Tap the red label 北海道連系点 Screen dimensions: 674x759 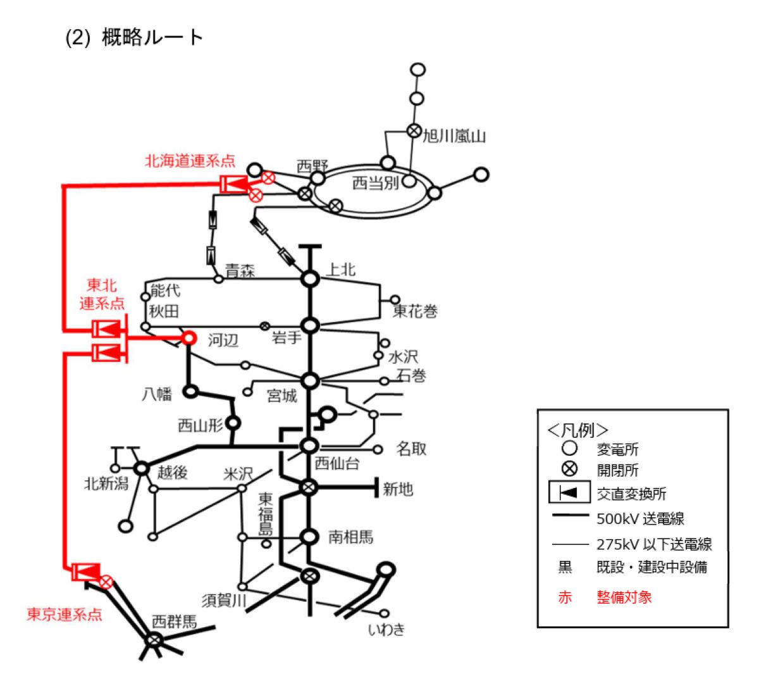click(x=190, y=161)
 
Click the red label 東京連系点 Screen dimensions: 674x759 click(x=64, y=615)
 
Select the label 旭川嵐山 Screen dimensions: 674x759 click(x=454, y=136)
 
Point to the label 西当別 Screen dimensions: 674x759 click(x=375, y=184)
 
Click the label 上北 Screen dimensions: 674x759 click(x=341, y=270)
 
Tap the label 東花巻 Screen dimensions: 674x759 click(x=415, y=311)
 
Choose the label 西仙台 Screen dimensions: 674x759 click(x=337, y=464)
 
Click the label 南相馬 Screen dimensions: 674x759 click(x=350, y=537)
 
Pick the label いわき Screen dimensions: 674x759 click(x=386, y=630)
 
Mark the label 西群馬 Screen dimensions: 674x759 click(x=174, y=621)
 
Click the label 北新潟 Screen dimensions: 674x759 click(x=106, y=484)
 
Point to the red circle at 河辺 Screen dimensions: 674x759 click(x=188, y=338)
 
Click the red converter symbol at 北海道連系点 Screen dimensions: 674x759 click(x=234, y=184)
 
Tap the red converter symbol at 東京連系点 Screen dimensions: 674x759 click(x=85, y=572)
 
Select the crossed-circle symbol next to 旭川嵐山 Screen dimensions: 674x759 click(x=414, y=130)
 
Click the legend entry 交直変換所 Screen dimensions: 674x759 click(x=631, y=494)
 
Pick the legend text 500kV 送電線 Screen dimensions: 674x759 click(x=640, y=519)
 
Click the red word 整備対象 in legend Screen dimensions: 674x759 click(x=624, y=597)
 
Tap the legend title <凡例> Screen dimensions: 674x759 click(x=578, y=430)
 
